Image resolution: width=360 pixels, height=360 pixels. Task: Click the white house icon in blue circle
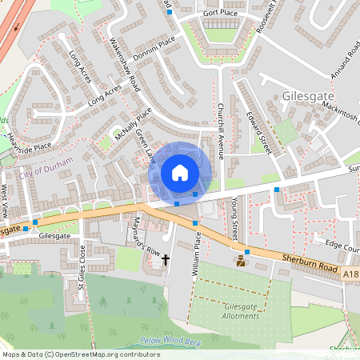point(180,172)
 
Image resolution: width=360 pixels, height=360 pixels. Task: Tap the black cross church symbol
point(166,259)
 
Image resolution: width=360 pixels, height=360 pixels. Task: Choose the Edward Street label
point(261,132)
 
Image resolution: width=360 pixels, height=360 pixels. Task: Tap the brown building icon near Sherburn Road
point(241,262)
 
